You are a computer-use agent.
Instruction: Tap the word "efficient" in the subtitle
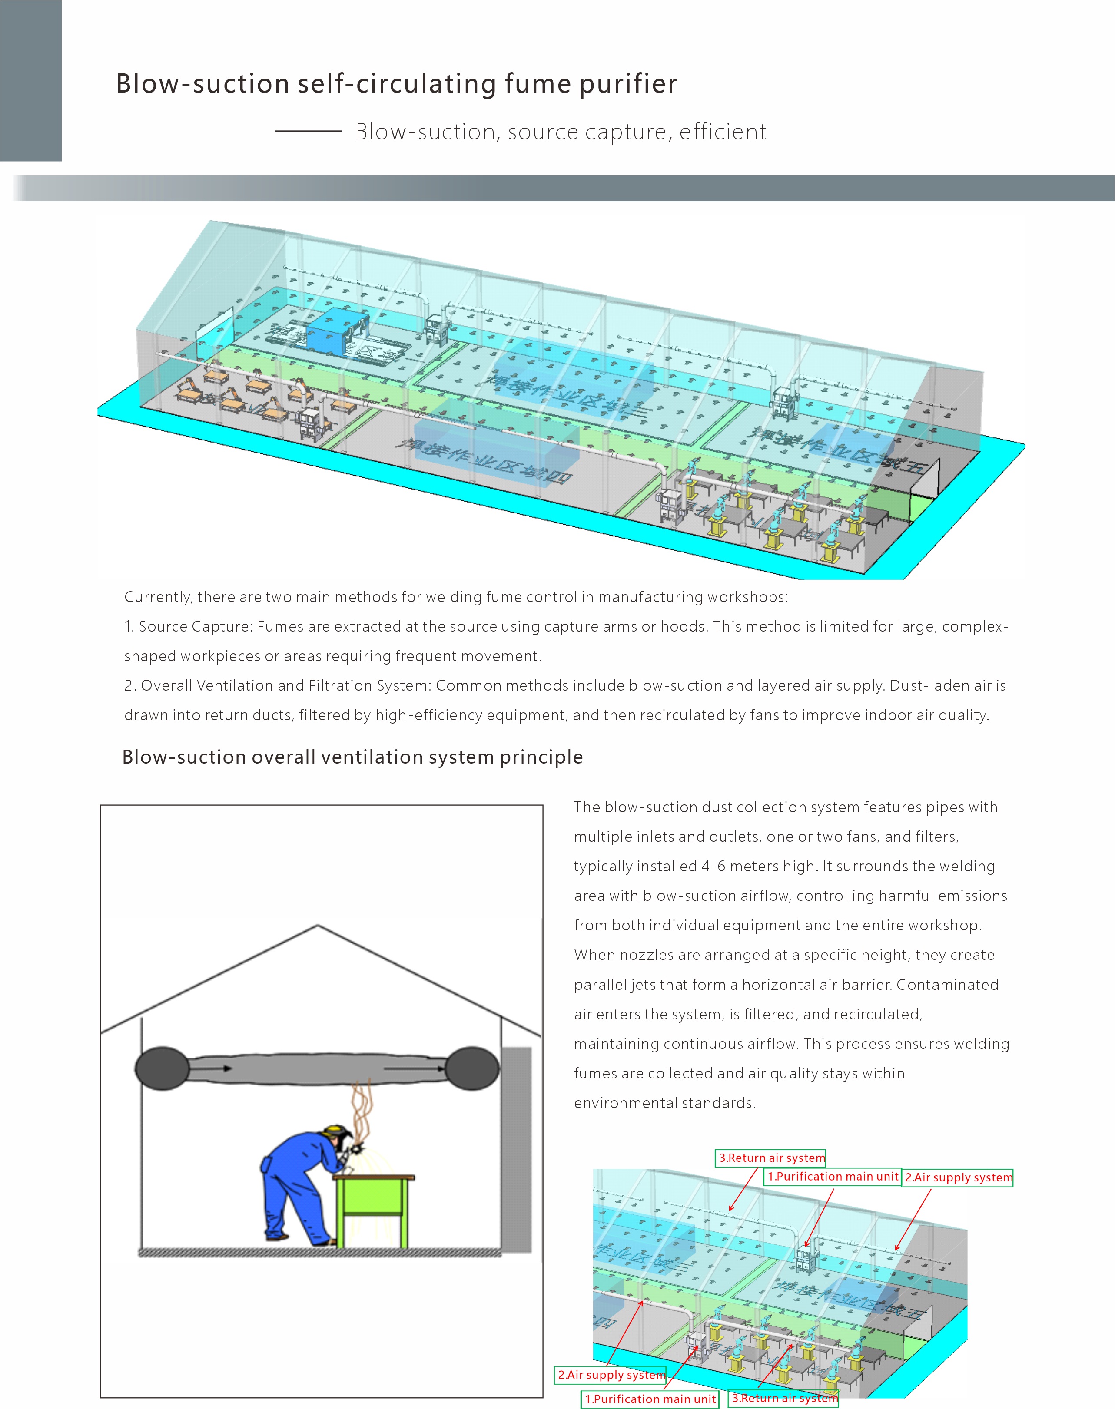pyautogui.click(x=723, y=132)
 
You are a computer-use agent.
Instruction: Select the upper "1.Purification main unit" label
pyautogui.click(x=832, y=1177)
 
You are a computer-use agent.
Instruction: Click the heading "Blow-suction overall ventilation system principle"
pyautogui.click(x=352, y=757)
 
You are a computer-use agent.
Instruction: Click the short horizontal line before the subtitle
pyautogui.click(x=308, y=131)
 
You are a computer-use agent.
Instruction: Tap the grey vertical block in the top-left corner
pyautogui.click(x=31, y=80)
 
